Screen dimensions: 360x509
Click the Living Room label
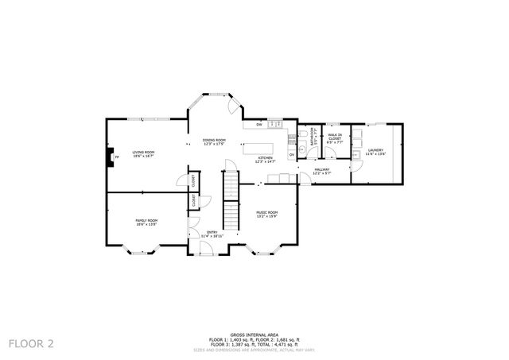pyautogui.click(x=143, y=153)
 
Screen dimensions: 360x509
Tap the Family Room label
pyautogui.click(x=146, y=222)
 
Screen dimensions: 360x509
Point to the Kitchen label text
pyautogui.click(x=266, y=160)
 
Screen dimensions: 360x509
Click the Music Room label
pyautogui.click(x=266, y=214)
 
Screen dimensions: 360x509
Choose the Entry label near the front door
pyautogui.click(x=212, y=234)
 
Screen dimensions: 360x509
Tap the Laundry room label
pyautogui.click(x=375, y=152)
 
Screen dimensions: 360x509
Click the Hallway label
pyautogui.click(x=321, y=170)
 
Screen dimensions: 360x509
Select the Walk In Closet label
pyautogui.click(x=335, y=138)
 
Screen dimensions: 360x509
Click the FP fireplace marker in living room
pyautogui.click(x=116, y=157)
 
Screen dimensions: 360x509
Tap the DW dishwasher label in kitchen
pyautogui.click(x=259, y=126)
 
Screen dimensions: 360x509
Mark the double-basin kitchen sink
pyautogui.click(x=274, y=125)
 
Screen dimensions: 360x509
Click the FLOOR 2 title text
pyautogui.click(x=31, y=343)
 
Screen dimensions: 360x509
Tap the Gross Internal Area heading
pyautogui.click(x=254, y=335)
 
